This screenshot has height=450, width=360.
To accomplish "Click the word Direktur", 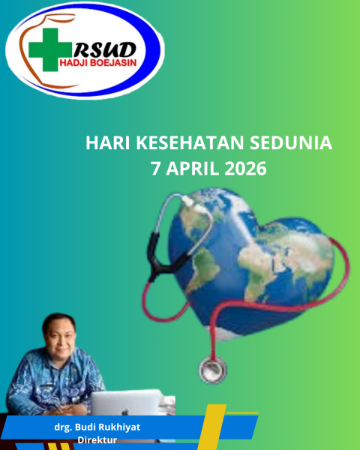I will [x=97, y=440].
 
